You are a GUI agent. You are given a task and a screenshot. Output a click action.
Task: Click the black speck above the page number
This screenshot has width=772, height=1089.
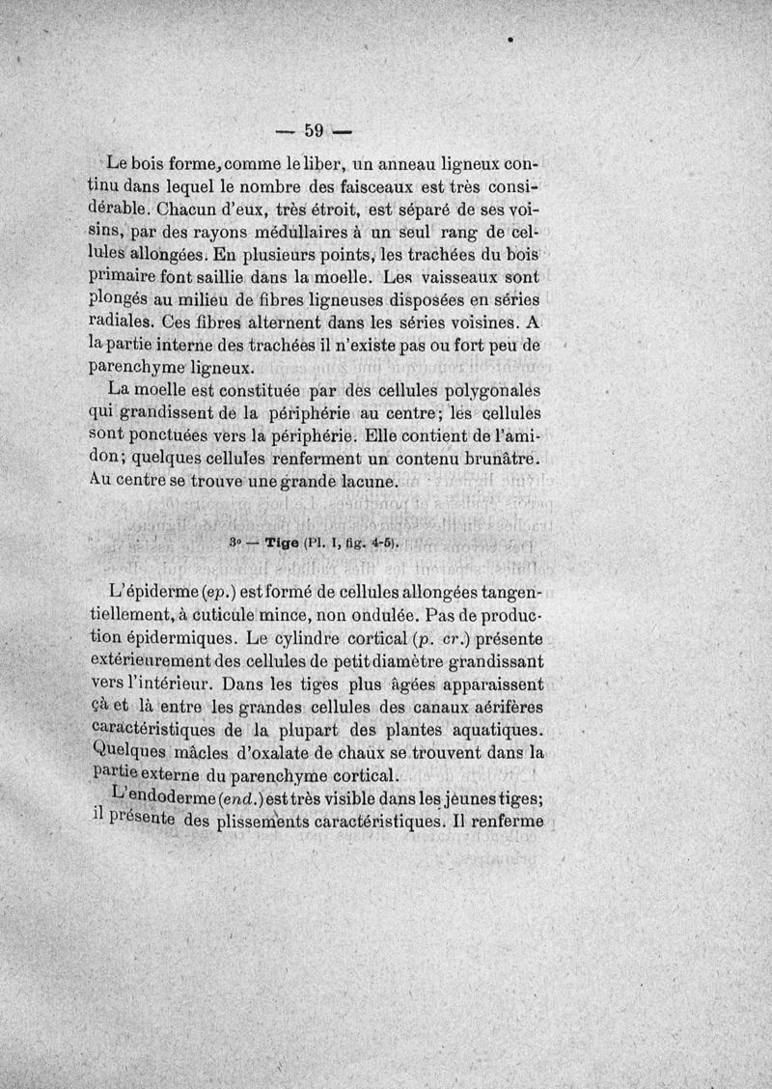[x=508, y=41]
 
